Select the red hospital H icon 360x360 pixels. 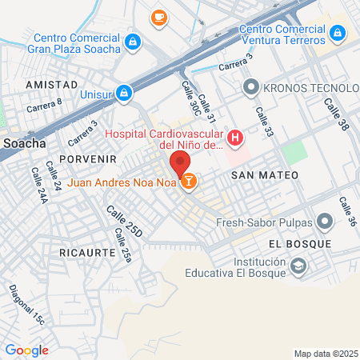(234, 138)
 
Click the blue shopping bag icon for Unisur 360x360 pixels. (122, 94)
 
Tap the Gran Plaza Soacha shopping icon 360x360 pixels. (134, 42)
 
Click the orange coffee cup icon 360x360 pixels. (158, 15)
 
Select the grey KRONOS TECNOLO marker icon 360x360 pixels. (250, 86)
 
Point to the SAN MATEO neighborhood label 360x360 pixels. (264, 174)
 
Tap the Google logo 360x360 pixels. (26, 350)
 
